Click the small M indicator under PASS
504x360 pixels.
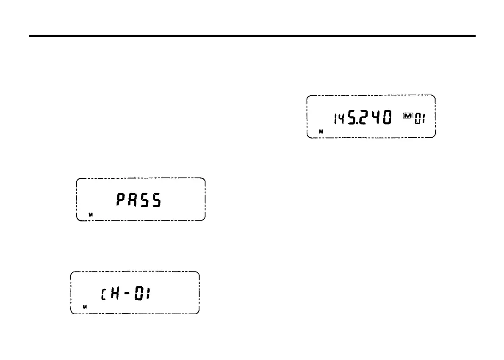(90, 215)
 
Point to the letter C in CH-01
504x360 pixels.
(102, 294)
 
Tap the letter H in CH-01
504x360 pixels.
(113, 293)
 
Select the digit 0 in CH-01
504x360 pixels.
(138, 293)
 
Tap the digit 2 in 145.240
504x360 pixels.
(361, 117)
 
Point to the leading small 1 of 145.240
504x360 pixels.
(335, 120)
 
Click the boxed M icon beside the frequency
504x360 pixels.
(408, 115)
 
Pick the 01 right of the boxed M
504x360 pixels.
(420, 120)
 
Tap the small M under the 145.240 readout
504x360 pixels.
(321, 132)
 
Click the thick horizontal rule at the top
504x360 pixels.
(252, 36)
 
